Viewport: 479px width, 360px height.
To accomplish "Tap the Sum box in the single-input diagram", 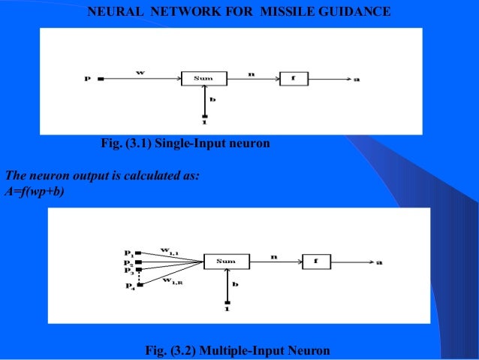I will [x=203, y=78].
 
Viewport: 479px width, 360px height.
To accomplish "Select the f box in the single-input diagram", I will [x=294, y=78].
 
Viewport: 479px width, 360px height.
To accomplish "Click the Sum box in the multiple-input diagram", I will [x=225, y=262].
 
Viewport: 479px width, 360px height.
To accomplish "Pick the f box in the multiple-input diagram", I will [x=316, y=262].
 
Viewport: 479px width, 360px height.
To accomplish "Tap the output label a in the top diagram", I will [x=356, y=79].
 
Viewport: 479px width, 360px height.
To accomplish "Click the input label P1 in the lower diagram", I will [x=129, y=253].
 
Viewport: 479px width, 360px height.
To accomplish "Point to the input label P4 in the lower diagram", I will [x=129, y=286].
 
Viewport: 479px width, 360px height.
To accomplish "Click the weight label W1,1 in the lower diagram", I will [x=170, y=250].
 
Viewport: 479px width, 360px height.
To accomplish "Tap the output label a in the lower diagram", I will [x=378, y=262].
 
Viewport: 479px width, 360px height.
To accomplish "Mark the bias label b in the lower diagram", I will [x=235, y=284].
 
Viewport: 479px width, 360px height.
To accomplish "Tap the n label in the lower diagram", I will [x=274, y=256].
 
